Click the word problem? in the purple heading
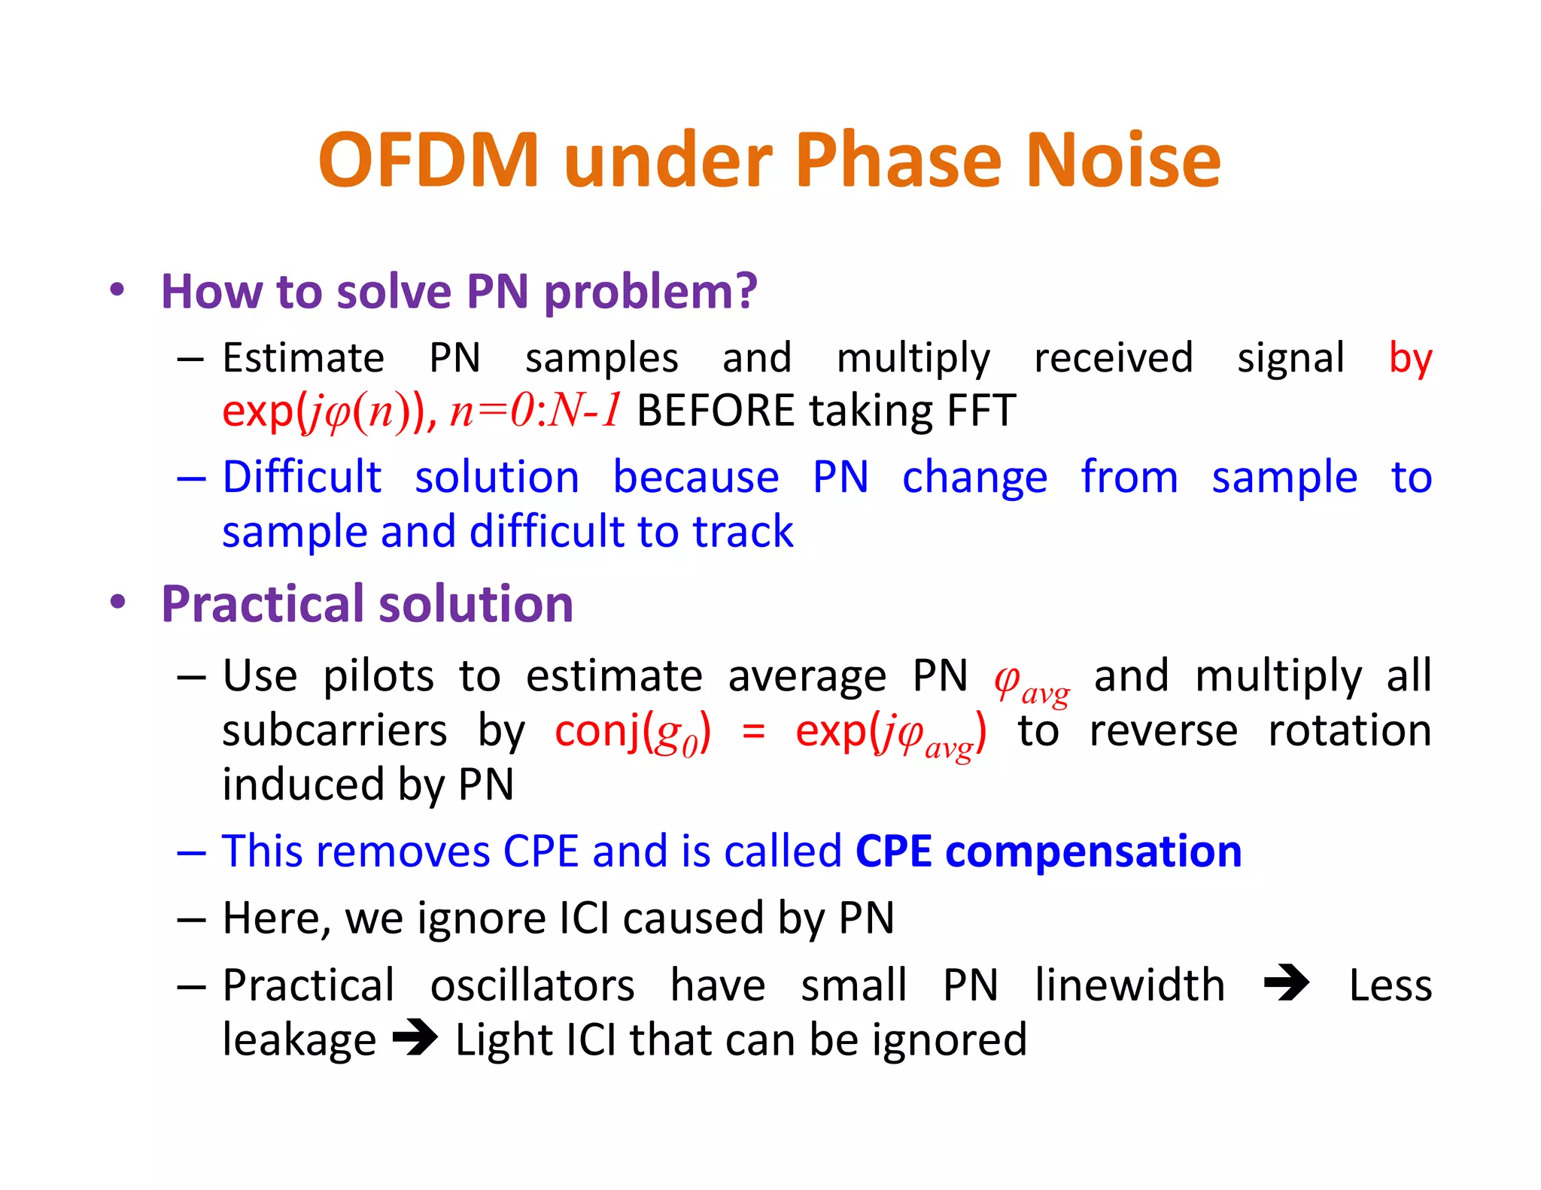pyautogui.click(x=650, y=293)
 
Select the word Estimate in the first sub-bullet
pyautogui.click(x=303, y=358)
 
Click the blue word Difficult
pyautogui.click(x=302, y=477)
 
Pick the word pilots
pyautogui.click(x=378, y=676)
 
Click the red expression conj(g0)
pyautogui.click(x=632, y=732)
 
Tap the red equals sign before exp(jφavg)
pyautogui.click(x=753, y=732)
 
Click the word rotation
pyautogui.click(x=1349, y=731)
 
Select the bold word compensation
pyautogui.click(x=1092, y=852)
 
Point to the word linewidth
pyautogui.click(x=1129, y=985)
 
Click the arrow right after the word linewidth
pyautogui.click(x=1287, y=983)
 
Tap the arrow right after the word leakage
pyautogui.click(x=415, y=1038)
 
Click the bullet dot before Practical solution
pyautogui.click(x=117, y=602)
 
